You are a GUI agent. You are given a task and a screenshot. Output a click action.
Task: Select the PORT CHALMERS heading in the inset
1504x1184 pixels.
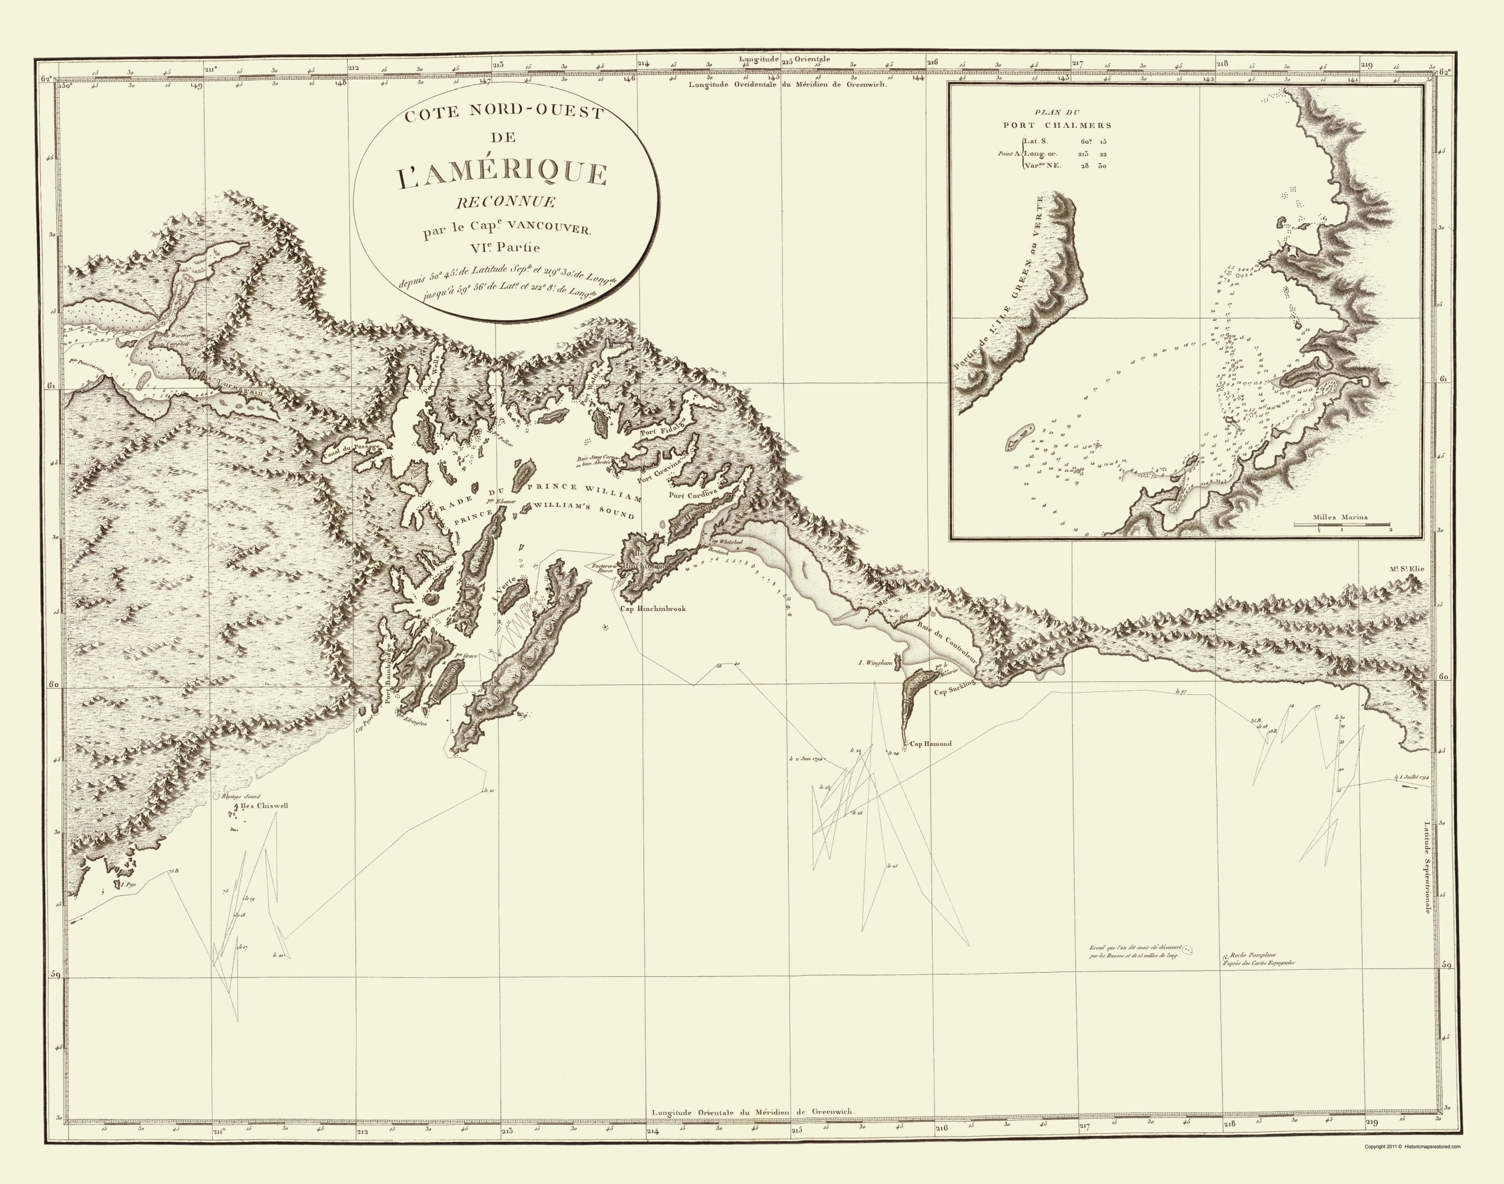tap(1057, 126)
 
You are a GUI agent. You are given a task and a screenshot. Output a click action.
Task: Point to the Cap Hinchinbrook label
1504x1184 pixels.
tap(652, 609)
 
